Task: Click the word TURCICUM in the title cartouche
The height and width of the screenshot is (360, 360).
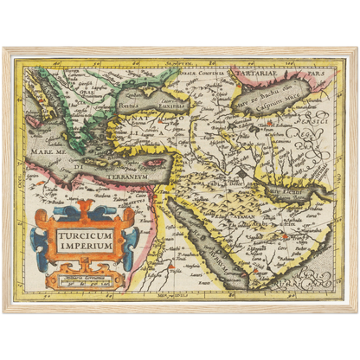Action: pyautogui.click(x=86, y=235)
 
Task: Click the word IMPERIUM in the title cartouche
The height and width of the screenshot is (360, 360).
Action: pyautogui.click(x=86, y=246)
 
